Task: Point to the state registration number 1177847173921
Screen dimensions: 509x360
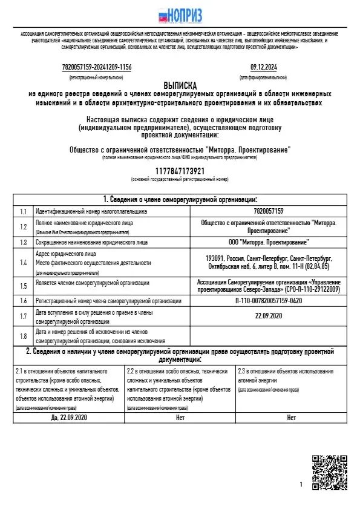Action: [180, 172]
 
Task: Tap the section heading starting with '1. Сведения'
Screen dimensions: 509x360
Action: [180, 199]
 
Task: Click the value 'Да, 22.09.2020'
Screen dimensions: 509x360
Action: [70, 418]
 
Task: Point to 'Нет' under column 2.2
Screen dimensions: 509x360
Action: [180, 418]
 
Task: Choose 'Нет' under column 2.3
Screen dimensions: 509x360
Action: [292, 418]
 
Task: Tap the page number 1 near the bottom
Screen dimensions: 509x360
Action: [301, 485]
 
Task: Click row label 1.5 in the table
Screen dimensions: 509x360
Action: [24, 286]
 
